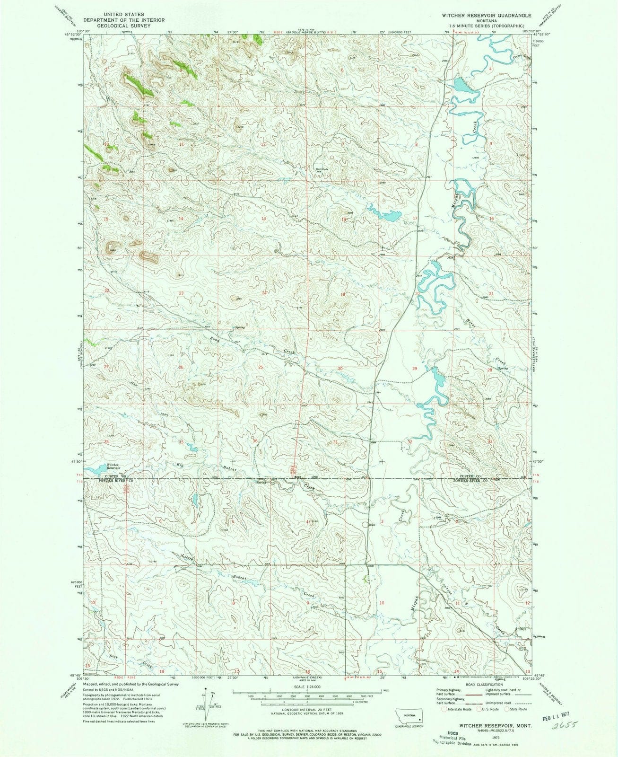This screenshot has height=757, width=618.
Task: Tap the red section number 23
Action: pos(181,293)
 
